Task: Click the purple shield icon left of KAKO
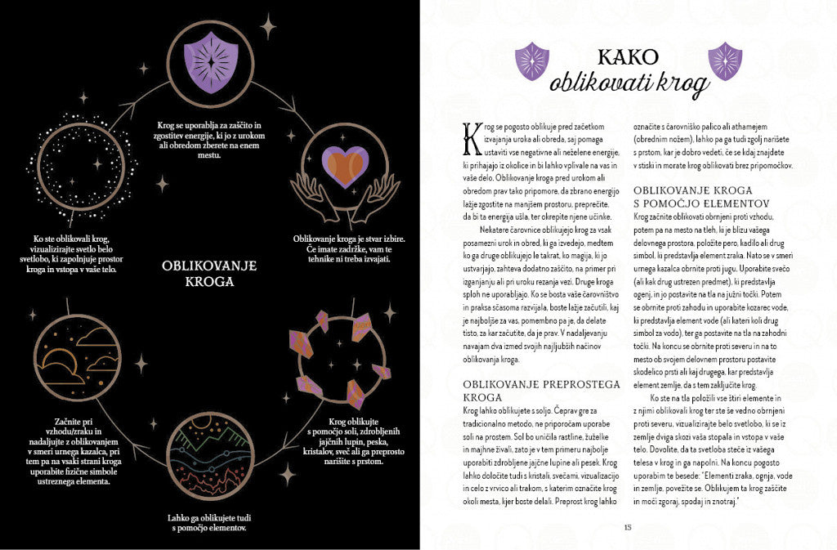[532, 60]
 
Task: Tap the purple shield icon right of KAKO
[724, 60]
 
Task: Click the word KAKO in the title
[628, 56]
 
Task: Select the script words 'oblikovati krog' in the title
[627, 83]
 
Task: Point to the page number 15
[628, 526]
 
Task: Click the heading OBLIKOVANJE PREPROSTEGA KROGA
[541, 391]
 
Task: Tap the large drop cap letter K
[470, 138]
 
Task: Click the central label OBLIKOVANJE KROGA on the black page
[209, 273]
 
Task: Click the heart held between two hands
[344, 167]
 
